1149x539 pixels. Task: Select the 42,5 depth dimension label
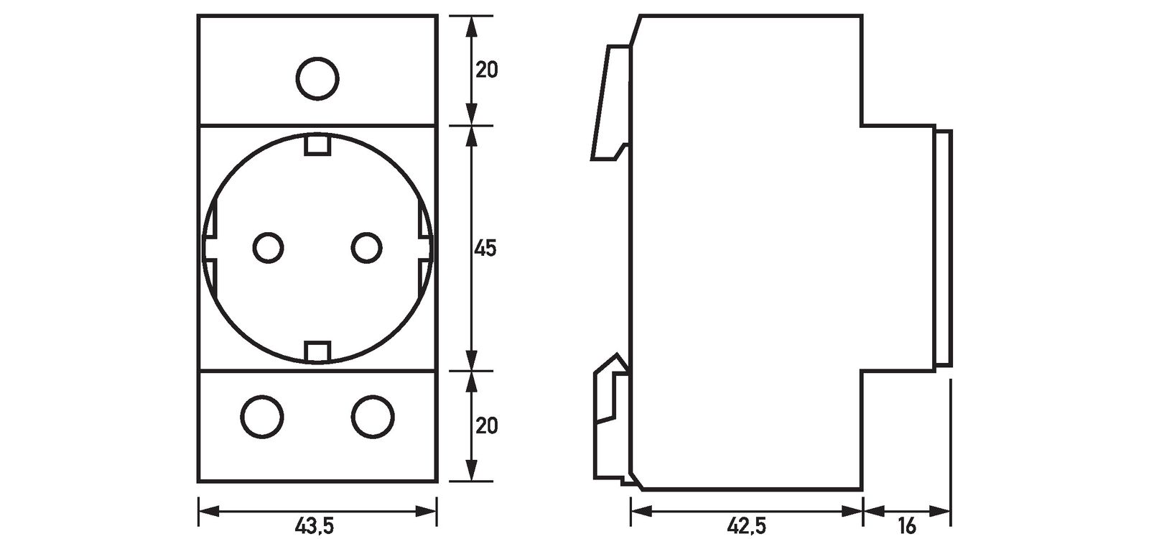(x=746, y=527)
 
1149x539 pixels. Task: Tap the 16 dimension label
(x=907, y=527)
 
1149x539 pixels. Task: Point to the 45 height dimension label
(x=485, y=249)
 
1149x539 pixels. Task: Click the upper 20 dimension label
(x=486, y=70)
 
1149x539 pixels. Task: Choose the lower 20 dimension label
(x=486, y=426)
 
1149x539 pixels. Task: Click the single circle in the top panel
(x=317, y=78)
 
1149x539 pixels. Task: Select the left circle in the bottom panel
(x=262, y=416)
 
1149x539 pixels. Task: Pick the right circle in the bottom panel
(x=373, y=416)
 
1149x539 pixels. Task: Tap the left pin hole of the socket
(x=268, y=248)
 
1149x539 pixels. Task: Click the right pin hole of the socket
(x=367, y=248)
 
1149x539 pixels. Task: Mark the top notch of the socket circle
(x=317, y=144)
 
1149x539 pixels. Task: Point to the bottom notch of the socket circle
(x=317, y=351)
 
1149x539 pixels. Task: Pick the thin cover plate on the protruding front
(x=944, y=248)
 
